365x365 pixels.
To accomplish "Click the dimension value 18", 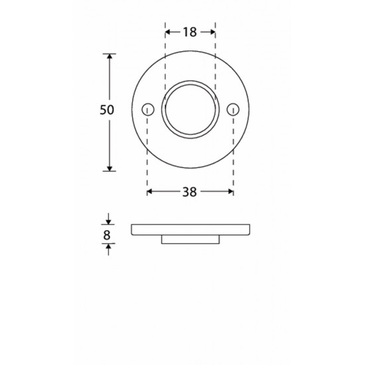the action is (x=190, y=32).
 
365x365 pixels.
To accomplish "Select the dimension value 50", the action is (x=107, y=110).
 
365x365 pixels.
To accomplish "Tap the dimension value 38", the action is (x=190, y=192).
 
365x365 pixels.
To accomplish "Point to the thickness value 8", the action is (x=107, y=235).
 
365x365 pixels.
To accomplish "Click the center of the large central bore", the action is (x=190, y=110).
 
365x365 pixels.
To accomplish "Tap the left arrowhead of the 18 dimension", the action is (x=168, y=32).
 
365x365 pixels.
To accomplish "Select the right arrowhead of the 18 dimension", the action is (x=212, y=32).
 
